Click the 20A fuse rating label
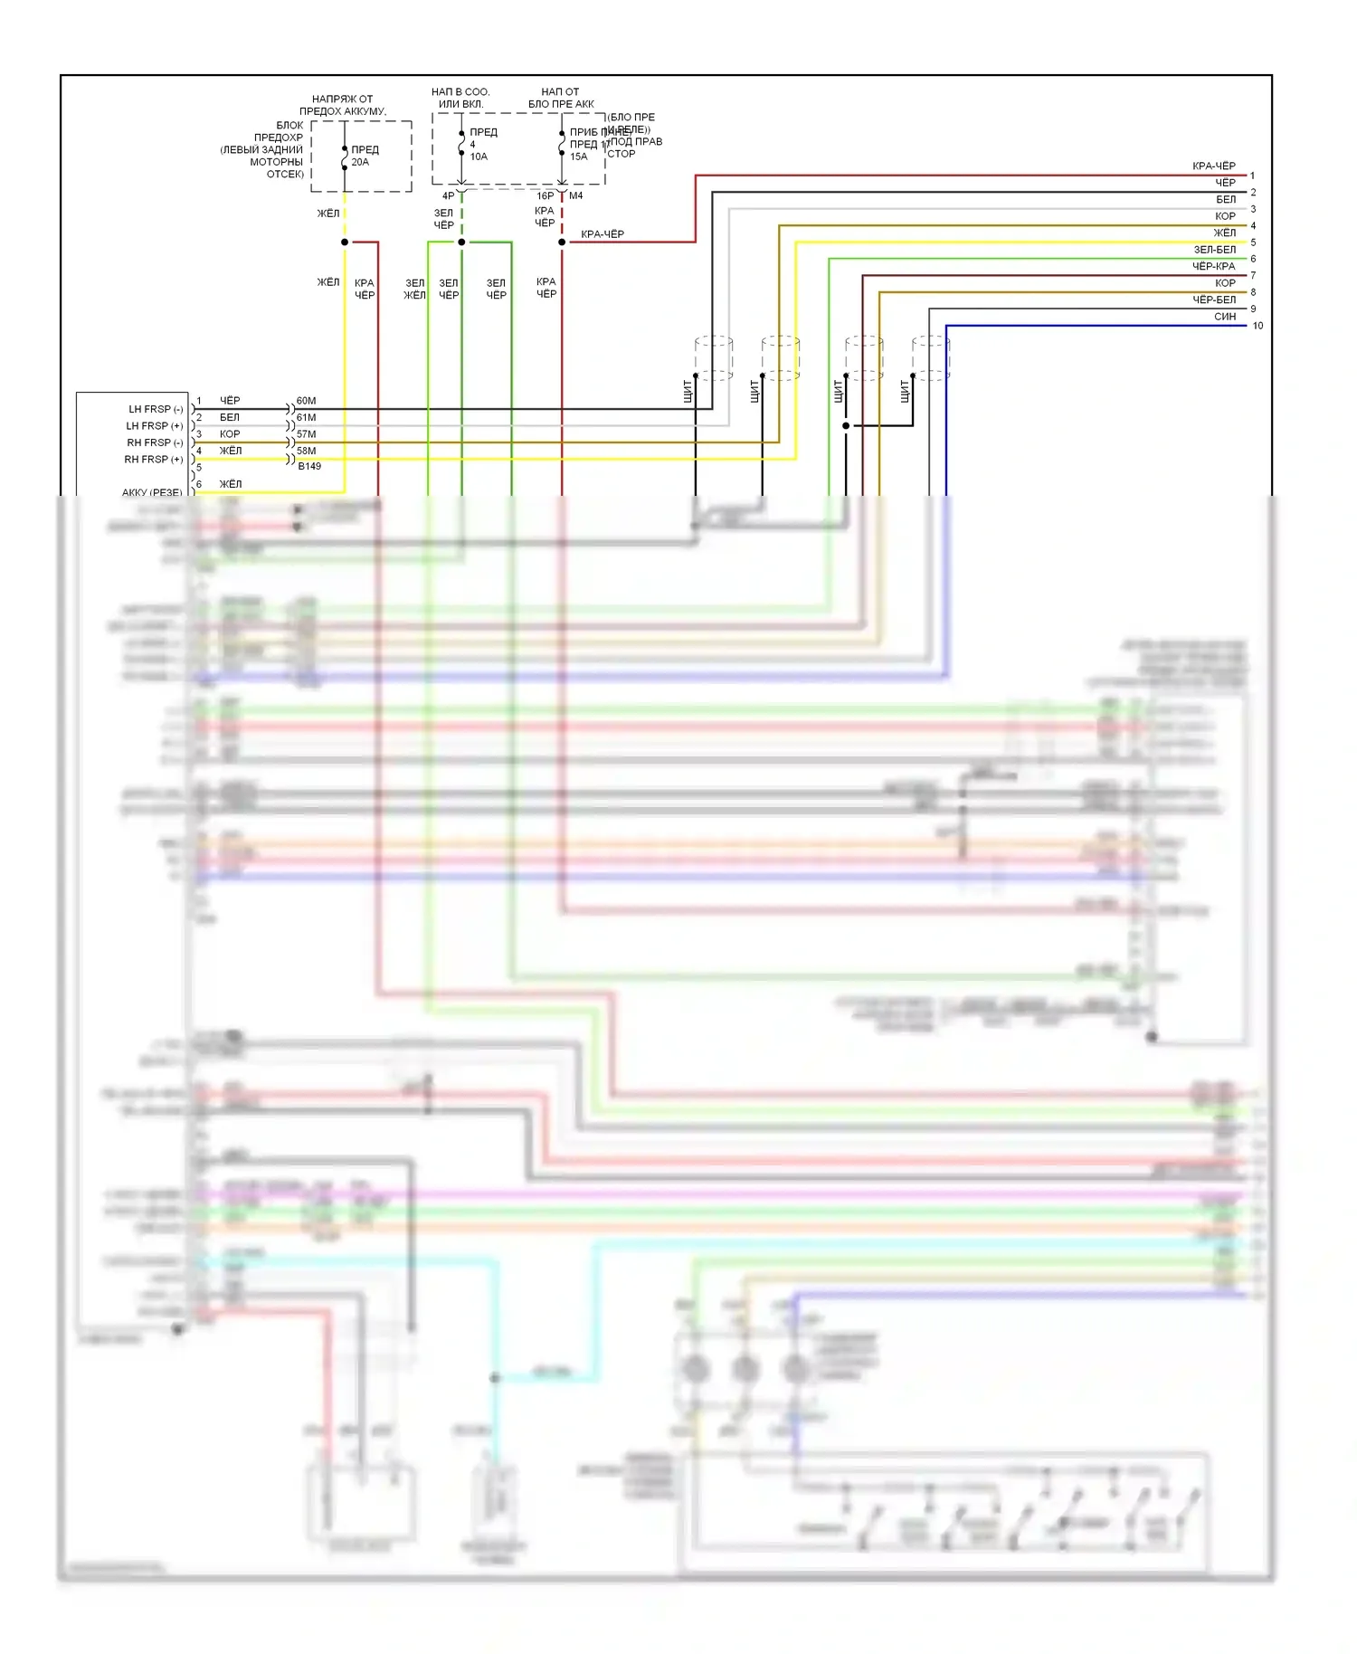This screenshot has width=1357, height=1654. pos(360,163)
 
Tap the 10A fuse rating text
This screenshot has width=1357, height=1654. pos(479,157)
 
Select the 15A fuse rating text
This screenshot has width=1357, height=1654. pos(578,157)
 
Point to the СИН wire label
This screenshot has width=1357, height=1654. pos(1225,317)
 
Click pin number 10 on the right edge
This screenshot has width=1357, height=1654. pos(1257,326)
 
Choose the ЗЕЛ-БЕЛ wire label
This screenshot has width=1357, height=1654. pos(1214,250)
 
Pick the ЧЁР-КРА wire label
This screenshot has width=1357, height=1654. pos(1213,266)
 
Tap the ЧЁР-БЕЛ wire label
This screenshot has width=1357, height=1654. pos(1213,299)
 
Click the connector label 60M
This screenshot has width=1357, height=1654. pos(307,401)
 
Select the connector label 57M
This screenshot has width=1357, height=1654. pos(307,434)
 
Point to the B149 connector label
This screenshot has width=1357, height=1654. pos(309,467)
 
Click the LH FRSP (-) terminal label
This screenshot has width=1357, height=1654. pos(156,410)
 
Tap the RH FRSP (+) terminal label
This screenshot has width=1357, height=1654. pos(154,460)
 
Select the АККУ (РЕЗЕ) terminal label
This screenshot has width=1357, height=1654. pos(152,492)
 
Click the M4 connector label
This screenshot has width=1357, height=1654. pos(576,195)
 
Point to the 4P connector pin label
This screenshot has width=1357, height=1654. pos(448,195)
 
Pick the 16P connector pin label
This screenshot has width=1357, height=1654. pos(545,195)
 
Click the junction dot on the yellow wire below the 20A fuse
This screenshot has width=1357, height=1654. pos(345,242)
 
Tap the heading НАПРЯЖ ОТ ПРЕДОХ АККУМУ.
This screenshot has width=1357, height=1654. pos(343,105)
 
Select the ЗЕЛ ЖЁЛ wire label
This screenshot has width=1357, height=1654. pos(414,290)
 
